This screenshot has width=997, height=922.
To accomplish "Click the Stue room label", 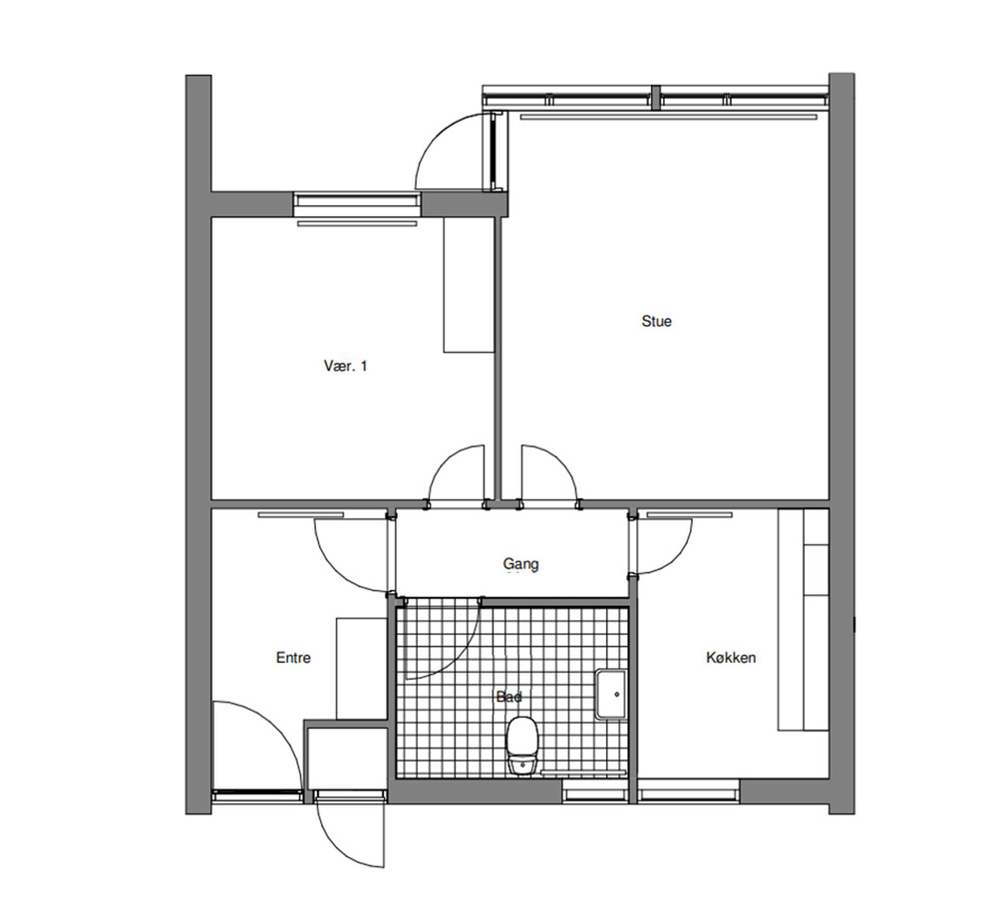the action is [x=656, y=321].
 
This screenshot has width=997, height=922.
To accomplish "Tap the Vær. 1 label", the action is [x=345, y=366].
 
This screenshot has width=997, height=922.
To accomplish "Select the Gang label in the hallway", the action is [x=520, y=564].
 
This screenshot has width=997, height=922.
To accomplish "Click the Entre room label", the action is [x=293, y=657].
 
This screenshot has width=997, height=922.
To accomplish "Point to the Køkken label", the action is [x=731, y=657].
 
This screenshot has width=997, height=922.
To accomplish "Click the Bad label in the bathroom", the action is [x=509, y=697].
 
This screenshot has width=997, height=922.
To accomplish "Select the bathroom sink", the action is [x=610, y=695].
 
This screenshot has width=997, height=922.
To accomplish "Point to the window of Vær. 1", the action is [x=357, y=204].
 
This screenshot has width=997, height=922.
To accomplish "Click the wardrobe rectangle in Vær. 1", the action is [x=469, y=285].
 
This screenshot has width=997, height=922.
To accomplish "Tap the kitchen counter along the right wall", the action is [x=803, y=619].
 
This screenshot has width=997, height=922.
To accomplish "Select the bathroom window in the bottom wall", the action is [x=595, y=791].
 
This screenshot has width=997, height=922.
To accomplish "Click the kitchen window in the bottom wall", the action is [x=689, y=791].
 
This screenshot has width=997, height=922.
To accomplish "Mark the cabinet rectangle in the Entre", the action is [x=361, y=668].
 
